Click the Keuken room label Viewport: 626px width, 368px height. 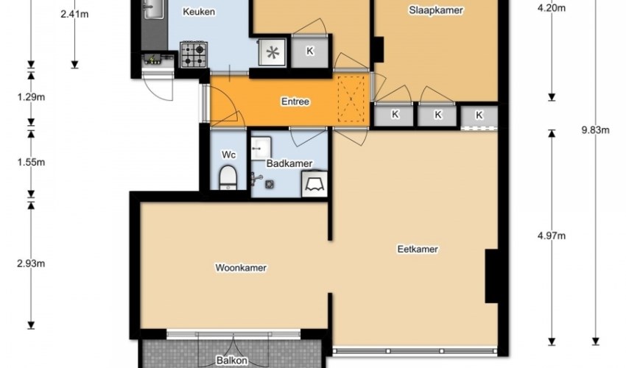click(x=199, y=12)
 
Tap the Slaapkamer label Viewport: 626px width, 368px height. click(x=435, y=10)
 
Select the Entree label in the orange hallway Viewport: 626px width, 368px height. click(x=295, y=102)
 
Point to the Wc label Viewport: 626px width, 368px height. click(x=229, y=155)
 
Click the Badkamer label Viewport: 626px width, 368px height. click(x=289, y=163)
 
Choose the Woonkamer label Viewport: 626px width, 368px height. click(x=241, y=267)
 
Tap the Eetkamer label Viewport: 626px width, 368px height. click(x=418, y=249)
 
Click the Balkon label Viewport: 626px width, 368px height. click(x=232, y=361)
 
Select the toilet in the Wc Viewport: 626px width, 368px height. click(x=228, y=177)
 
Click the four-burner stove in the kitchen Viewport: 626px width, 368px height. click(x=194, y=54)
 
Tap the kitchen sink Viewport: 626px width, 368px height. click(x=154, y=9)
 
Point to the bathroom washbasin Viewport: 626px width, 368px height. click(x=261, y=148)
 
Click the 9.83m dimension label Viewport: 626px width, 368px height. click(x=595, y=130)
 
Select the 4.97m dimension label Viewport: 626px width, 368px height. click(x=552, y=236)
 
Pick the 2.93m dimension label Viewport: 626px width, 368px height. click(x=31, y=263)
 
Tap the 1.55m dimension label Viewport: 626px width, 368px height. click(x=31, y=162)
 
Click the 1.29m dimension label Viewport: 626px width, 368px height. click(x=31, y=97)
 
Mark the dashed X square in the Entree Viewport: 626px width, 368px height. click(x=351, y=99)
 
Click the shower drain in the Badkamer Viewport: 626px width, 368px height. click(x=270, y=184)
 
